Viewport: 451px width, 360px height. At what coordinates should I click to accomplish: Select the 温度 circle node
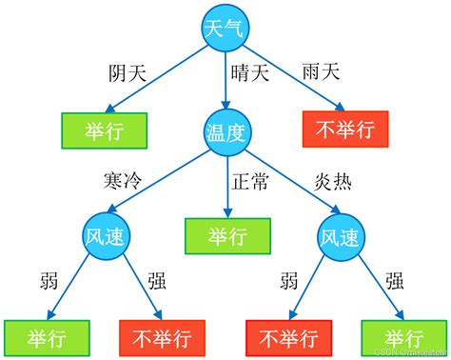point(226,130)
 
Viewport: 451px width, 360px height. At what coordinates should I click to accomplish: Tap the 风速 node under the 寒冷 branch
point(106,235)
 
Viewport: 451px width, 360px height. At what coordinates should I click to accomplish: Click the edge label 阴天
point(128,73)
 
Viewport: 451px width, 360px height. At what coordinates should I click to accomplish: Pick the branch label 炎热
point(332,179)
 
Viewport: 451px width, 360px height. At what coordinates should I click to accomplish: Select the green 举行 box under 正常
point(227,235)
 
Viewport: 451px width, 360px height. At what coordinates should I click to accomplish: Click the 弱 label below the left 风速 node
point(49,284)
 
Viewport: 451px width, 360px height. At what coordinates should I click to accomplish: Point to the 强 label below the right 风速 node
point(396,284)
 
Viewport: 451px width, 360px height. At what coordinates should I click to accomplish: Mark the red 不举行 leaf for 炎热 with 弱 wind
point(288,337)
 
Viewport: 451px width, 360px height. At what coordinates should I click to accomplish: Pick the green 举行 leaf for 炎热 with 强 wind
point(404,337)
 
